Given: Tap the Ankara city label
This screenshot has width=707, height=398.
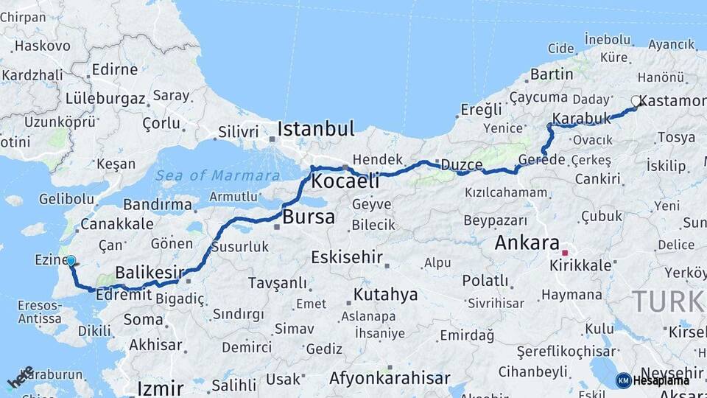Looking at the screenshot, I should tap(527, 242).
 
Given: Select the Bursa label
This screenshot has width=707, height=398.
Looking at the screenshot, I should tap(309, 217).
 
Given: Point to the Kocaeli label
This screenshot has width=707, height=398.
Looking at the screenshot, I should tap(345, 181).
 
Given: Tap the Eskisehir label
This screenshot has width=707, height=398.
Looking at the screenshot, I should tap(347, 257).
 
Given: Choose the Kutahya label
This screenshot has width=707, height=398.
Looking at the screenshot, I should tap(385, 295).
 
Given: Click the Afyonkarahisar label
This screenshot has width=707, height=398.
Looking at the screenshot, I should tap(390, 378).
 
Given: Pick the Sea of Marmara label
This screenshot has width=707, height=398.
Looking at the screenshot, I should tap(217, 175).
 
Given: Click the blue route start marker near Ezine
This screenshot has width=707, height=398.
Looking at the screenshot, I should tap(71, 260).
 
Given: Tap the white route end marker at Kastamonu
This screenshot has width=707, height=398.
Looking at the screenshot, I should tap(636, 101).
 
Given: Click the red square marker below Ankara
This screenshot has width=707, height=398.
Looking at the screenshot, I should tap(565, 253).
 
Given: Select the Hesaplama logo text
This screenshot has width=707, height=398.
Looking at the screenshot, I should tap(661, 381).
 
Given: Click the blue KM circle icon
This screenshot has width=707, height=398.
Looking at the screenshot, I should tap(623, 380).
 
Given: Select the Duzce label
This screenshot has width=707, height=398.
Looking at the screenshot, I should tap(462, 164).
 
